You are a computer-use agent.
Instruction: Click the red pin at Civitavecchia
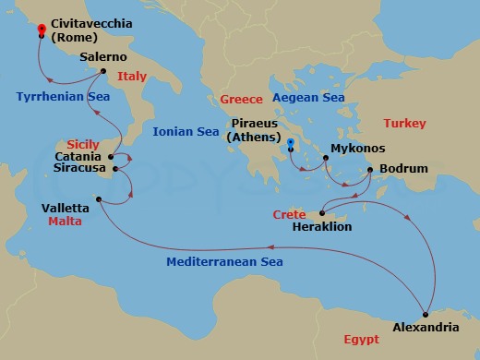pyautogui.click(x=42, y=30)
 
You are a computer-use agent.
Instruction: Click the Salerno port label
pyautogui.click(x=103, y=56)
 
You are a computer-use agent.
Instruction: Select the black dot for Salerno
pyautogui.click(x=102, y=71)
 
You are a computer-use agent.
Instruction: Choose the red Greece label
pyautogui.click(x=242, y=99)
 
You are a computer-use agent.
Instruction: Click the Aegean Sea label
pyautogui.click(x=308, y=98)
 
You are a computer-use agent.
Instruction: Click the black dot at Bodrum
pyautogui.click(x=370, y=170)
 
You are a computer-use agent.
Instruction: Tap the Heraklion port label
pyautogui.click(x=322, y=226)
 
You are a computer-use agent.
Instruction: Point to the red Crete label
pyautogui.click(x=289, y=214)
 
